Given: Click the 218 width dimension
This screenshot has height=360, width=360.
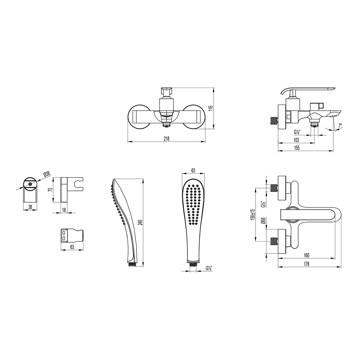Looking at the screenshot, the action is click(166, 139).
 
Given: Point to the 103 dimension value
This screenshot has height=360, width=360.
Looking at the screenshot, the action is click(296, 140).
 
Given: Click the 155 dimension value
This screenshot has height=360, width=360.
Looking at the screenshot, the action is click(297, 148).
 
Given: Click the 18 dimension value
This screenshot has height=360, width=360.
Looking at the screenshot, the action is click(64, 210).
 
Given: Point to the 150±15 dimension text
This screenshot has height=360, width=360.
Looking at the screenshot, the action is click(253, 214).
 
